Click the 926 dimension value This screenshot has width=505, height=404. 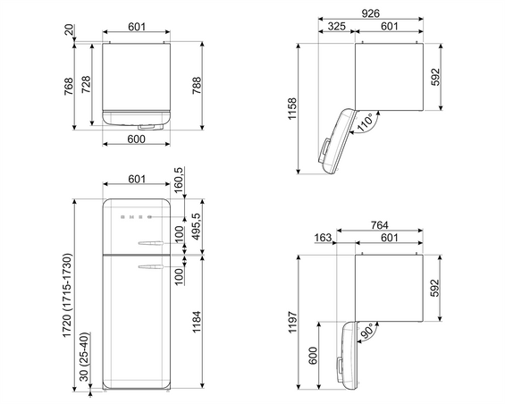click(370, 13)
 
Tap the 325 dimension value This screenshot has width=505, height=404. click(337, 26)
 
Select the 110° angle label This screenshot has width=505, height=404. click(365, 122)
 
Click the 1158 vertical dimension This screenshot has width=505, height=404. click(292, 108)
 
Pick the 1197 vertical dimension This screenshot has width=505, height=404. click(292, 322)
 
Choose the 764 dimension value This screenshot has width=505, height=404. click(379, 225)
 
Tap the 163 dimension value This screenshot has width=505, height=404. click(323, 238)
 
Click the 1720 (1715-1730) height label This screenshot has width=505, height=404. click(67, 296)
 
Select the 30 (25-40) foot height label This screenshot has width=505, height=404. click(84, 357)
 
